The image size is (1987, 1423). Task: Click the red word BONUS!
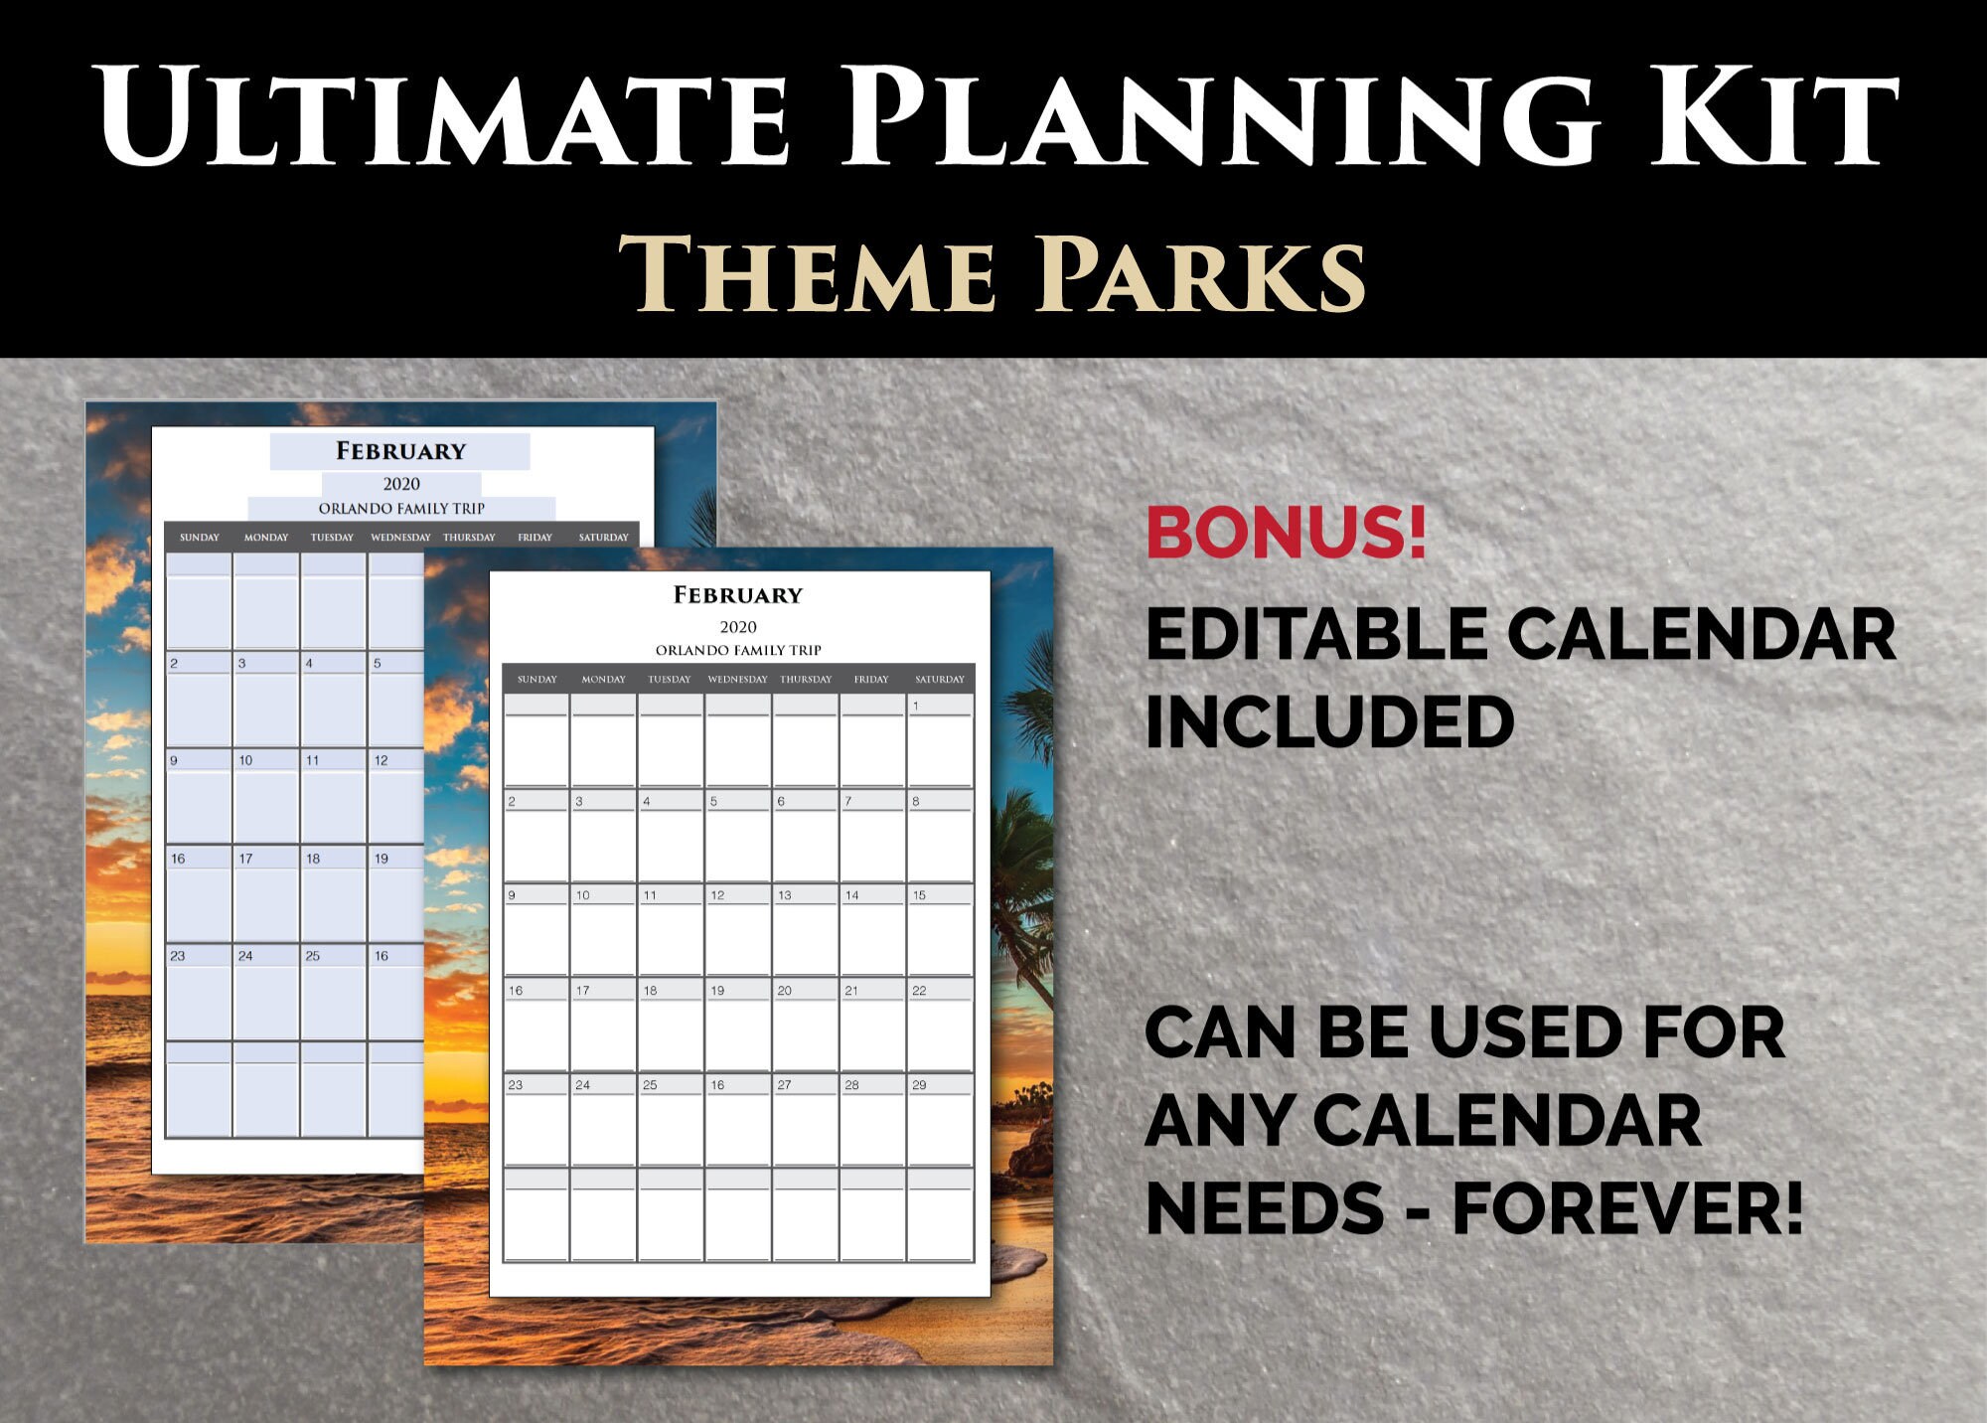[x=1287, y=533]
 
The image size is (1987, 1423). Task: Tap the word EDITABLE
[x=1317, y=635]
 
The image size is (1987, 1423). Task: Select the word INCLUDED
[x=1329, y=721]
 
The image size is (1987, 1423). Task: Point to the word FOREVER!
[x=1627, y=1208]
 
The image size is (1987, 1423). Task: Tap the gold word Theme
[x=807, y=274]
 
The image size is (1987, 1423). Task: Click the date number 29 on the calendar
[x=919, y=1085]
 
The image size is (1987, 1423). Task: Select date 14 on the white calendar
[x=851, y=895]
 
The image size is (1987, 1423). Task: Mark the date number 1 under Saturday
[x=916, y=706]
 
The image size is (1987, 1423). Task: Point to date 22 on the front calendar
[x=919, y=991]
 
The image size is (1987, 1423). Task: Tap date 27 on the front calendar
[x=784, y=1085]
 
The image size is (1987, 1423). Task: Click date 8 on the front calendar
[x=916, y=801]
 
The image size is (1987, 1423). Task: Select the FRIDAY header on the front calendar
[x=871, y=680]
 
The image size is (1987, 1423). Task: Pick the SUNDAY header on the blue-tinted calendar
[x=200, y=538]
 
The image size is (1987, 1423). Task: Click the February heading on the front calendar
[x=738, y=595]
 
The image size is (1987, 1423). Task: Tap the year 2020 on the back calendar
[x=401, y=484]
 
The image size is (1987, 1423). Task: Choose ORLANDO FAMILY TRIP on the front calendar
[x=738, y=650]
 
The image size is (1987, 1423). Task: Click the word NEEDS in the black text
[x=1265, y=1208]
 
